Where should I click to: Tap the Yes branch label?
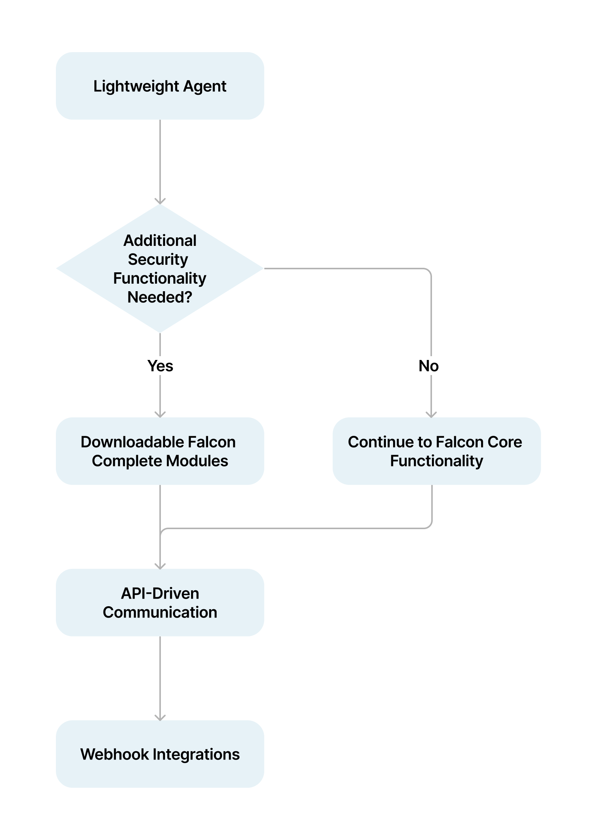pyautogui.click(x=160, y=366)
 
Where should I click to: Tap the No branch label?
pyautogui.click(x=429, y=366)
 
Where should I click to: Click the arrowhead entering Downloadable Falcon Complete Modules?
pyautogui.click(x=160, y=414)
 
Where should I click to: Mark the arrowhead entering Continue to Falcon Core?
pyautogui.click(x=431, y=414)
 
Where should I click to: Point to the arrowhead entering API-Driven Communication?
pyautogui.click(x=160, y=566)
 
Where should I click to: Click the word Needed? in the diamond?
pyautogui.click(x=160, y=297)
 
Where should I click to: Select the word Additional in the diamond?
pyautogui.click(x=160, y=241)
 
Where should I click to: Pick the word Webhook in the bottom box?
pyautogui.click(x=114, y=754)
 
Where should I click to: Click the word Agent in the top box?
pyautogui.click(x=204, y=86)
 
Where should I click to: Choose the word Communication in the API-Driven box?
pyautogui.click(x=160, y=612)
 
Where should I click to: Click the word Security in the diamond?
pyautogui.click(x=158, y=259)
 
